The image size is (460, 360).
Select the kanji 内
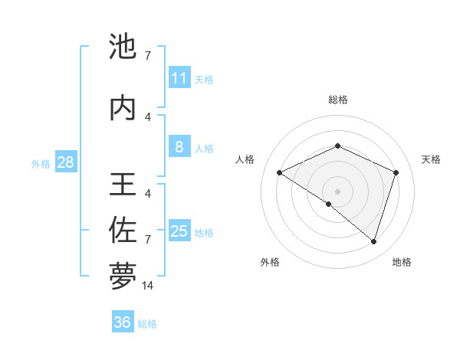[123, 108]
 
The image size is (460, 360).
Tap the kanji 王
[123, 186]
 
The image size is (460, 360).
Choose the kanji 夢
[123, 277]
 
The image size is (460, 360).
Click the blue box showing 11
[179, 78]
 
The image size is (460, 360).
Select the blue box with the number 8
[179, 147]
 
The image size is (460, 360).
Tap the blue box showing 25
[179, 231]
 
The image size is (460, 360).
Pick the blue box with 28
[65, 162]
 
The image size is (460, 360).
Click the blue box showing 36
[123, 322]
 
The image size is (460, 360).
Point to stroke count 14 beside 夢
[148, 286]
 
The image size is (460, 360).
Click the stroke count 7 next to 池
[148, 56]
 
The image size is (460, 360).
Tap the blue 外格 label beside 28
[41, 163]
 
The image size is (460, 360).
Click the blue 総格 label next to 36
[147, 324]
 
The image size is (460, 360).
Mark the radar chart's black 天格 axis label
[431, 159]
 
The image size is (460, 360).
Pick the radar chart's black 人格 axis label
[245, 159]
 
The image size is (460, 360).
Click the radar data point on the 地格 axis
[373, 242]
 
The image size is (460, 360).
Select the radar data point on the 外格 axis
[329, 205]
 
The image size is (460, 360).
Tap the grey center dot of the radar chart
[337, 191]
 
